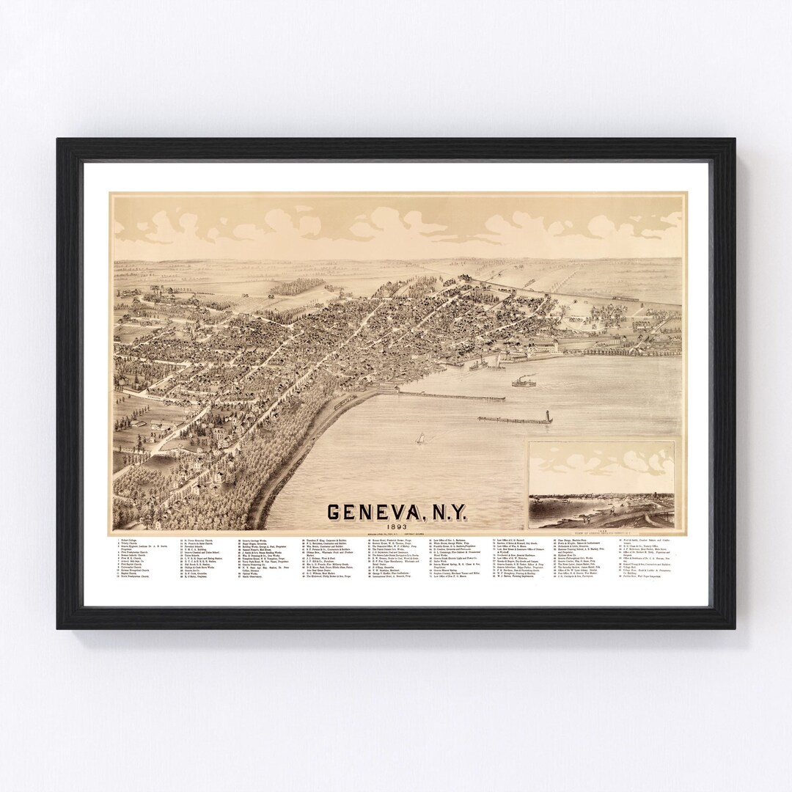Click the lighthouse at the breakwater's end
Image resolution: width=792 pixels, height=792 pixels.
[549, 417]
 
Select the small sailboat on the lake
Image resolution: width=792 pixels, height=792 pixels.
[421, 439]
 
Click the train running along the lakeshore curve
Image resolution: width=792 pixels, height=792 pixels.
[342, 402]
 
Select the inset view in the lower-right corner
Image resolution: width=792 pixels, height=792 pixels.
[601, 484]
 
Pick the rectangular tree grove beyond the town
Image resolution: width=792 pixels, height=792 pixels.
[297, 286]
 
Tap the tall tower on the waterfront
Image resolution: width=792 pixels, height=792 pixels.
[556, 345]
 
